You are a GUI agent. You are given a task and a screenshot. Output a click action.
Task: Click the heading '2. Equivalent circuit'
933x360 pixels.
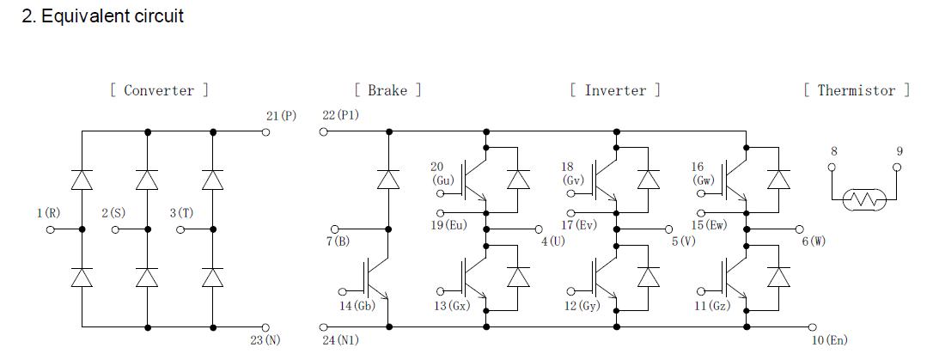102,15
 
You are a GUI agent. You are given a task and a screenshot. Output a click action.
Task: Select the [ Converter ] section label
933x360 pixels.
159,90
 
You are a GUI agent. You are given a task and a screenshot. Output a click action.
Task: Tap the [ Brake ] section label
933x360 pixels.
387,90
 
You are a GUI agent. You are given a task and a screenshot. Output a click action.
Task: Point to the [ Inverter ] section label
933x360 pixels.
615,90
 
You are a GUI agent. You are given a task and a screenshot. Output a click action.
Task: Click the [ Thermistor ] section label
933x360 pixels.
857,90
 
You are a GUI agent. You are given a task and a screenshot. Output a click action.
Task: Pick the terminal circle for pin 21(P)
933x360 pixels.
265,131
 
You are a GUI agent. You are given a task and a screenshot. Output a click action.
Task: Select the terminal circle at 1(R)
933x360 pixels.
50,229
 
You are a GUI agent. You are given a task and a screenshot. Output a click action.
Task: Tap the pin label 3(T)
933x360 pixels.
180,212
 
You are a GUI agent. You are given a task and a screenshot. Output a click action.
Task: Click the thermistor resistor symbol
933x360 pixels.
863,200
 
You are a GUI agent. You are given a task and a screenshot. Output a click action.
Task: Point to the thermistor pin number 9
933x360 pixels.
899,151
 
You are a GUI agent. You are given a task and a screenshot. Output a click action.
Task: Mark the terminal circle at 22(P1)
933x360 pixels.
324,131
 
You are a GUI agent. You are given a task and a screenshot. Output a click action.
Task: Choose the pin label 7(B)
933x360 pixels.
338,241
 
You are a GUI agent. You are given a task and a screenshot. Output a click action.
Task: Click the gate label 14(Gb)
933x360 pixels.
357,306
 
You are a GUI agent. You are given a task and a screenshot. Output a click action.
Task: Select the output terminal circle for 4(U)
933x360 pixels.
540,229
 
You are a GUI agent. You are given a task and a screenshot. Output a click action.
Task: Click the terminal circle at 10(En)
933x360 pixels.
810,326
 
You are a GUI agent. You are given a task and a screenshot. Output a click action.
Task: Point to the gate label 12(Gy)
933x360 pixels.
582,306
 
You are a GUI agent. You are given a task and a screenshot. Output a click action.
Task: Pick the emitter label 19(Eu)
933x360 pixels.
449,225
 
